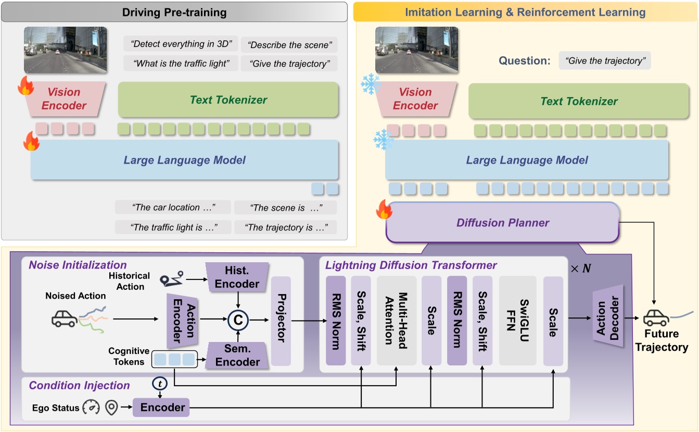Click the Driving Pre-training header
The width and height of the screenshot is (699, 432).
click(x=174, y=11)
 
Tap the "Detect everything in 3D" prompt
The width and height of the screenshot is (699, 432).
click(x=181, y=44)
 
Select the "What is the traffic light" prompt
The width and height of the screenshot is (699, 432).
click(x=181, y=64)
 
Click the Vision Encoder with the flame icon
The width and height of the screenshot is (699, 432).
click(x=64, y=98)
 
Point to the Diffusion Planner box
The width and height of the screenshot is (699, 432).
click(x=503, y=223)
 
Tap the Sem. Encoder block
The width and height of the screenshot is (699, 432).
click(x=237, y=356)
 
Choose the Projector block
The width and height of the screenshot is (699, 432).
click(x=281, y=321)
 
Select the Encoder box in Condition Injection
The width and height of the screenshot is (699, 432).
click(x=162, y=407)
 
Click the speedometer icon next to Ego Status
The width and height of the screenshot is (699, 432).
click(x=91, y=408)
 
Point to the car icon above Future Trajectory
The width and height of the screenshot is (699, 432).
click(x=656, y=317)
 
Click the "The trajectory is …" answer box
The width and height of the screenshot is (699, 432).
click(x=285, y=227)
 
